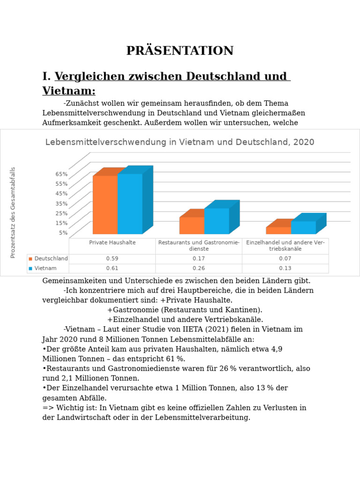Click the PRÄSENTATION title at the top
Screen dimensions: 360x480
coord(180,51)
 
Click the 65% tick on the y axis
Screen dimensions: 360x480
coord(61,174)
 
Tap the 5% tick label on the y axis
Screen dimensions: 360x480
coord(63,232)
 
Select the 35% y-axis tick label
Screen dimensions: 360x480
coord(61,203)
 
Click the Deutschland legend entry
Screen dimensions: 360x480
coord(48,258)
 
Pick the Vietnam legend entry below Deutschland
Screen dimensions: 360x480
coord(43,268)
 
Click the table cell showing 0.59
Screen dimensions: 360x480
coord(112,258)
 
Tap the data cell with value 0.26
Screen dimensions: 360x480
coord(199,268)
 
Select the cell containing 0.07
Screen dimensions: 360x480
coord(285,258)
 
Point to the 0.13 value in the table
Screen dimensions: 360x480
coord(285,268)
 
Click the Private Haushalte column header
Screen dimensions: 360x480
coord(112,242)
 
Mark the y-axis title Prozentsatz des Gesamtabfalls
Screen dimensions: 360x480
coord(13,212)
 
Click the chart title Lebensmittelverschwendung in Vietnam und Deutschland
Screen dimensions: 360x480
coord(180,142)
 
